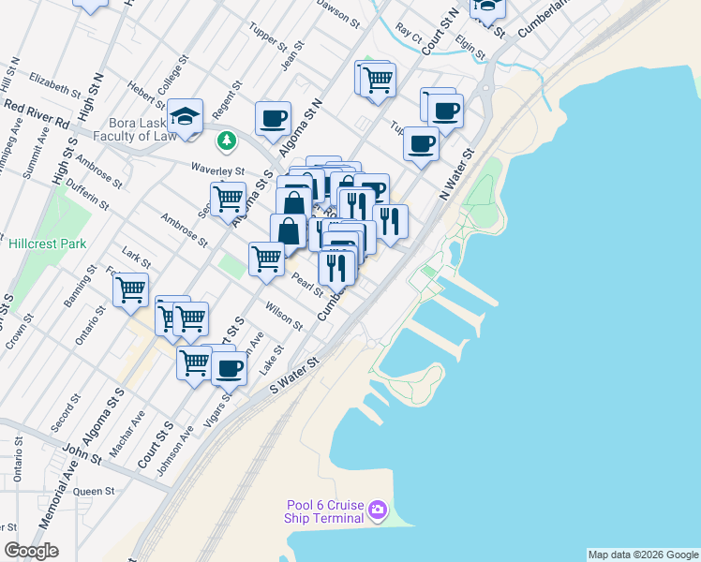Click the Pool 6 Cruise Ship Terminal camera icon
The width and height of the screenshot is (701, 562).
(378, 510)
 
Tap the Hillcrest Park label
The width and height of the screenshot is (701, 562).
(48, 244)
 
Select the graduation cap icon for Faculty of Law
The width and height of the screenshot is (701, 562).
(186, 116)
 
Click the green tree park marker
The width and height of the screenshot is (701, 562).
(225, 141)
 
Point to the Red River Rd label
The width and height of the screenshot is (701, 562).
(36, 115)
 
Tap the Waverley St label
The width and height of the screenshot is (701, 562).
(218, 171)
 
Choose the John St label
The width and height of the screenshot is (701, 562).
(82, 452)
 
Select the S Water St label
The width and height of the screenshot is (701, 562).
(295, 373)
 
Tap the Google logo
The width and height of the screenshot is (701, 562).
(31, 551)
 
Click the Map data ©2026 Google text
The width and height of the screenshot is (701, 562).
(642, 555)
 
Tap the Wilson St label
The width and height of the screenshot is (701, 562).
(284, 316)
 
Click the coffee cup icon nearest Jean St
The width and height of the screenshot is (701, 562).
(273, 118)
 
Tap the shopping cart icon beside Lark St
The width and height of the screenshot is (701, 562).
(130, 288)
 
